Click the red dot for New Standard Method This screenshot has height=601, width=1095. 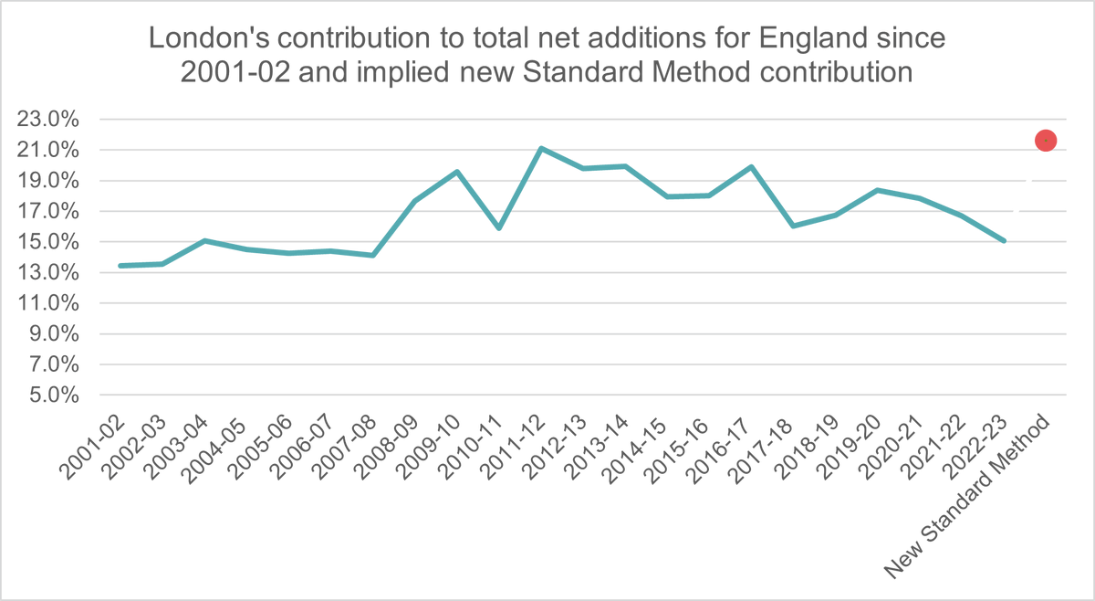pyautogui.click(x=1045, y=140)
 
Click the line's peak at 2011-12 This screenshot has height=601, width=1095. pyautogui.click(x=541, y=148)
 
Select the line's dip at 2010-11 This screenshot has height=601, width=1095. pyautogui.click(x=499, y=227)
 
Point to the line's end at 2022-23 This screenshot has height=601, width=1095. pyautogui.click(x=1004, y=241)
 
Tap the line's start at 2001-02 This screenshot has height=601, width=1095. pyautogui.click(x=121, y=266)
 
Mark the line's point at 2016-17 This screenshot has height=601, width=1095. pyautogui.click(x=751, y=166)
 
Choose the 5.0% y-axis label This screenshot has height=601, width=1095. pyautogui.click(x=58, y=395)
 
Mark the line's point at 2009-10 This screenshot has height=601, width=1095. pyautogui.click(x=457, y=171)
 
